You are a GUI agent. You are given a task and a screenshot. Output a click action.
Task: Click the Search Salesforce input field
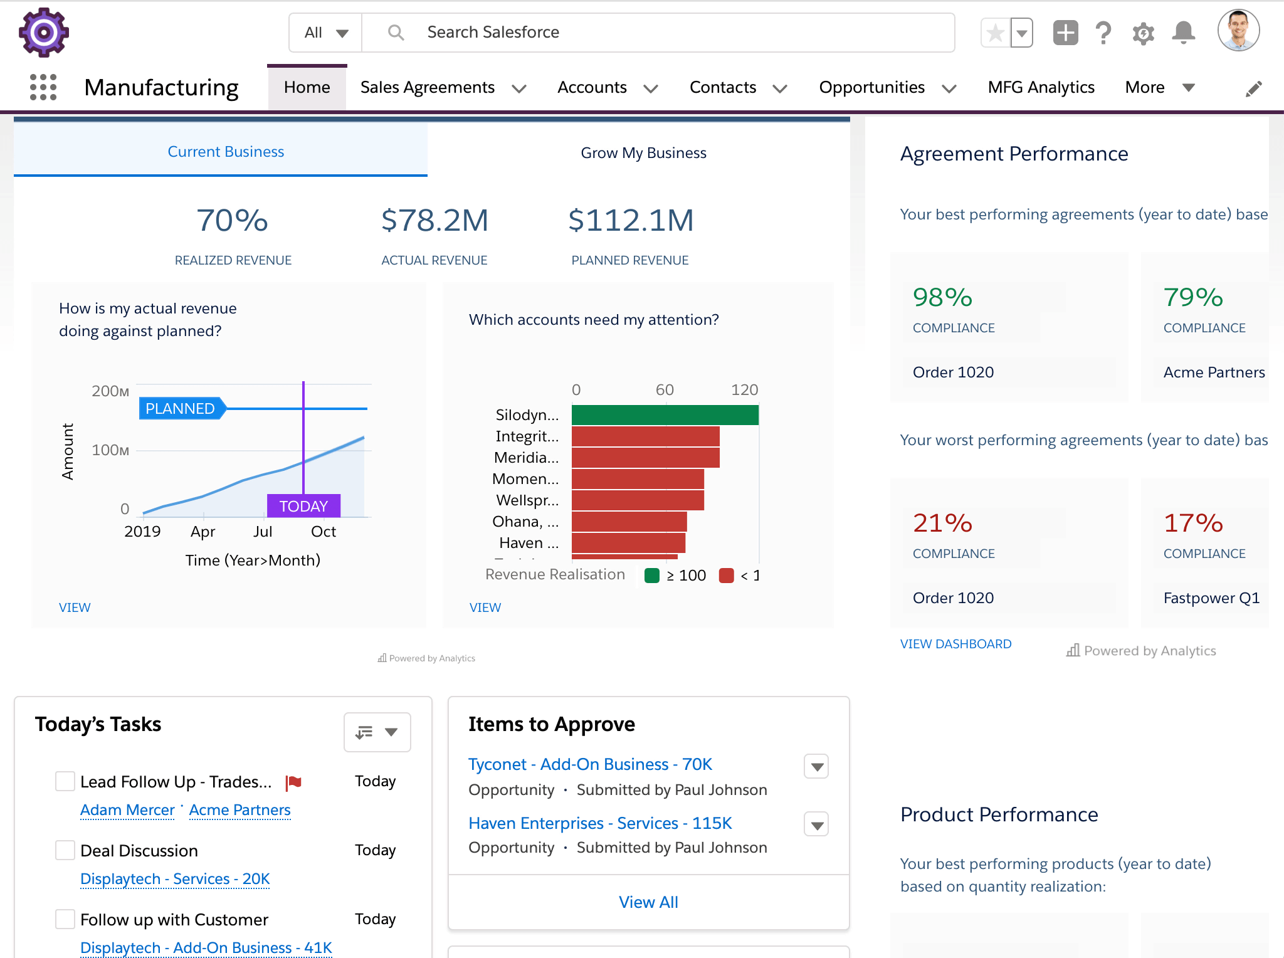pos(658,33)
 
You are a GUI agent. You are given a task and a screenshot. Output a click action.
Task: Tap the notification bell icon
pos(1183,33)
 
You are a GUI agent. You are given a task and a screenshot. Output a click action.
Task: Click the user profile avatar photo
pos(1238,31)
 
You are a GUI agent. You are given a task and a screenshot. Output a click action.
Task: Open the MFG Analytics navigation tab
pos(1041,88)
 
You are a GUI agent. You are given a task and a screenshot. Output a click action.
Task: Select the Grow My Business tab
pos(643,153)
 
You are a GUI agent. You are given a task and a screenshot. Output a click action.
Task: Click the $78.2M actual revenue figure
pos(434,221)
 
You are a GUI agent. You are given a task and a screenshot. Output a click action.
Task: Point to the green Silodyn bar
pos(665,415)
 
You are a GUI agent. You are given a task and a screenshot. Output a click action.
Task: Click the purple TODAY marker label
pos(303,506)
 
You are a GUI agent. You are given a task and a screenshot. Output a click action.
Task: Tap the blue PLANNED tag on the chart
pos(181,409)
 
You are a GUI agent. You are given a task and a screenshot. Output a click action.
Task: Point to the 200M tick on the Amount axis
pos(110,391)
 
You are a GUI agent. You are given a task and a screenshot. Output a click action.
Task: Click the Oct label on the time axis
pos(324,532)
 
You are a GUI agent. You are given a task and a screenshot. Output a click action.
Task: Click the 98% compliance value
pos(942,298)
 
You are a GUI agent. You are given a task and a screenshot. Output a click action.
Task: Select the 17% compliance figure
pos(1193,524)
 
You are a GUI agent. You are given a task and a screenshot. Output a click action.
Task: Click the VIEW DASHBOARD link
pos(955,644)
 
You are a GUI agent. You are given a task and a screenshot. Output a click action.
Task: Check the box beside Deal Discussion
pos(65,850)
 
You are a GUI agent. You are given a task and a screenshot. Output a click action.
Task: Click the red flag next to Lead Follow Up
pos(293,782)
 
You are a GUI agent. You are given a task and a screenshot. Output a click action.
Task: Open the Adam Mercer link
pos(127,810)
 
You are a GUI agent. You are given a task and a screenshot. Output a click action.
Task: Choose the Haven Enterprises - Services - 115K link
pos(600,823)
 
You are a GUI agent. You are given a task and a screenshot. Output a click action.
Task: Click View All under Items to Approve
pos(648,902)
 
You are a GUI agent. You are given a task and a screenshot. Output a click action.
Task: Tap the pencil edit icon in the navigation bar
pos(1253,89)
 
